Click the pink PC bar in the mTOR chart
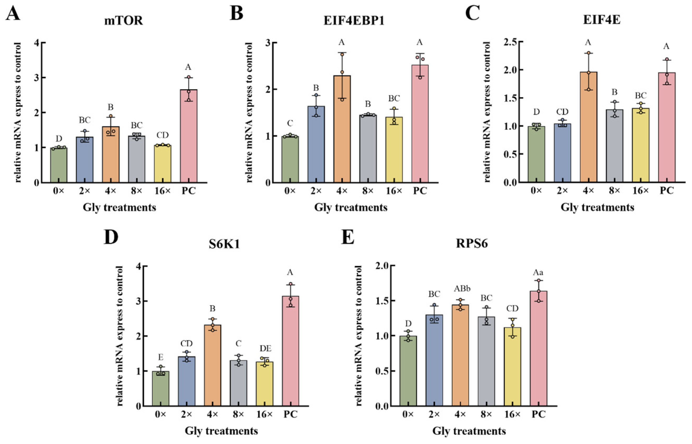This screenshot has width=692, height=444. click(x=189, y=136)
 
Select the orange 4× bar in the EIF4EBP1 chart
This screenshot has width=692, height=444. click(x=342, y=129)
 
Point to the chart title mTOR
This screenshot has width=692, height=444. click(x=124, y=21)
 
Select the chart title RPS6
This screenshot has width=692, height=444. click(x=472, y=244)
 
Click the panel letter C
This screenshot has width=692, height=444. click(x=473, y=13)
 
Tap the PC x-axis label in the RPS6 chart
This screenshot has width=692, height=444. click(x=538, y=415)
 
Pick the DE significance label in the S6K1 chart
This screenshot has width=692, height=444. click(x=265, y=349)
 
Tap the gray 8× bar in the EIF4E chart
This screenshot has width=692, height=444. click(x=615, y=146)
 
